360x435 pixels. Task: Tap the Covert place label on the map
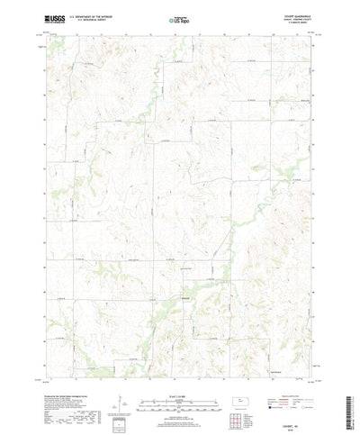pos(186,297)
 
